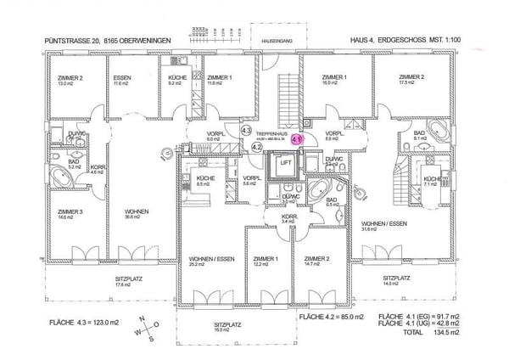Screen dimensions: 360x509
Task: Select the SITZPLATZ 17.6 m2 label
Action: [129, 282]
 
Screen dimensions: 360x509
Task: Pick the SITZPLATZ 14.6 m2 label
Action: [395, 280]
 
